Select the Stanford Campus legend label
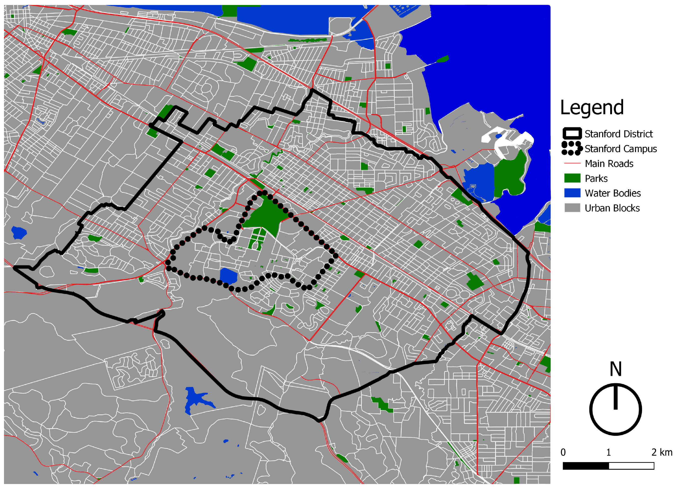pos(621,149)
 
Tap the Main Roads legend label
pos(609,164)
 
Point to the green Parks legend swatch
pos(572,178)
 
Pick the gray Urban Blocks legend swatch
pos(572,208)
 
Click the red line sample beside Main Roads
pos(572,164)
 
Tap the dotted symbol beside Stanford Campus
pos(571,148)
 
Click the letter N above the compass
pos(615,369)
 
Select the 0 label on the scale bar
pos(563,452)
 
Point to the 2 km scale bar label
pos(662,452)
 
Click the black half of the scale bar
pos(586,466)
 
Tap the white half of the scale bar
pos(631,466)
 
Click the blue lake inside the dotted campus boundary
pos(228,276)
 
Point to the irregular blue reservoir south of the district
pos(195,400)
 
